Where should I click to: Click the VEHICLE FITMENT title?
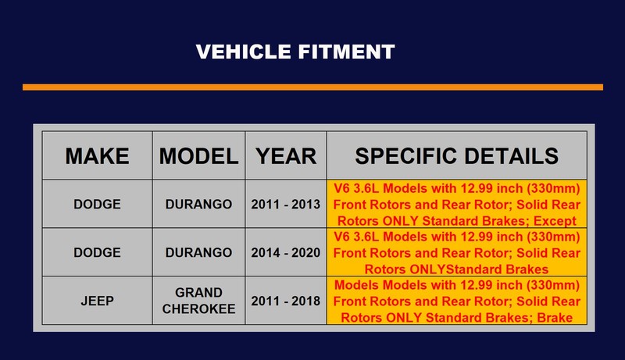point(295,52)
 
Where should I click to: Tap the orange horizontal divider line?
point(313,87)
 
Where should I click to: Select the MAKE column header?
point(97,155)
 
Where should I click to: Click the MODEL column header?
point(198,155)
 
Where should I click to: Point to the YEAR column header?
point(286,155)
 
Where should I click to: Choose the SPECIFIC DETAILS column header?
point(457,155)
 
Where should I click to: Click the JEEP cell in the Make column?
point(97,301)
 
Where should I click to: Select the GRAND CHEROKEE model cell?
point(198,301)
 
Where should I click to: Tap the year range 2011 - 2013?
point(286,205)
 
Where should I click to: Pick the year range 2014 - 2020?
point(286,252)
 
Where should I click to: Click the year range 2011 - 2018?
point(286,301)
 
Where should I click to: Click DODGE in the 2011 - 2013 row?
point(97,205)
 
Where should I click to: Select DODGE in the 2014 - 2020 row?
point(97,252)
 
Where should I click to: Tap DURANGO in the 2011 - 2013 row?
point(198,205)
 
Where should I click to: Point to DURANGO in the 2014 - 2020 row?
point(198,252)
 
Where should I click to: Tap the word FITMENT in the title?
point(346,52)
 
